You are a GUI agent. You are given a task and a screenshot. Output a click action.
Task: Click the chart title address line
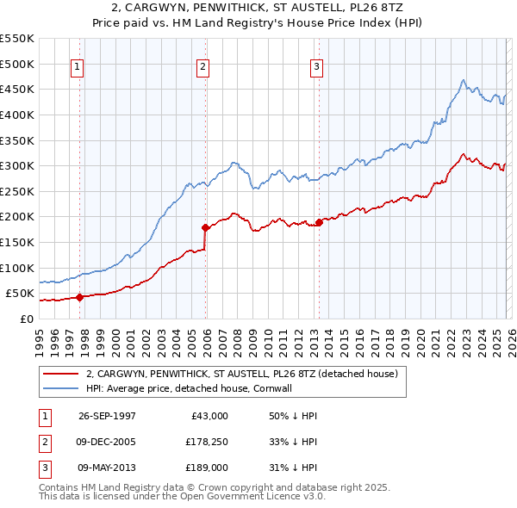(258, 9)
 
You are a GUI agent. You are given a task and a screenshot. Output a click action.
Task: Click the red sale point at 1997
(79, 297)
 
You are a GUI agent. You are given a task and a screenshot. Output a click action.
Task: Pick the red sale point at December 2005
(205, 228)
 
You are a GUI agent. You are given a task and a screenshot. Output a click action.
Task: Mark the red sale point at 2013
(319, 222)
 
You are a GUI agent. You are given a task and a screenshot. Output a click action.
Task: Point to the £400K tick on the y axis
(17, 115)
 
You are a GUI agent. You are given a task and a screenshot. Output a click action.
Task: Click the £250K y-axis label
(17, 191)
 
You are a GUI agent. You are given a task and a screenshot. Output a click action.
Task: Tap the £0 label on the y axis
(26, 319)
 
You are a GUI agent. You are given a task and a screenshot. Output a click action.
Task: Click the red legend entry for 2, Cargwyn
(241, 375)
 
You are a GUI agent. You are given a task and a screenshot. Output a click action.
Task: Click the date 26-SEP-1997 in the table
(107, 416)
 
